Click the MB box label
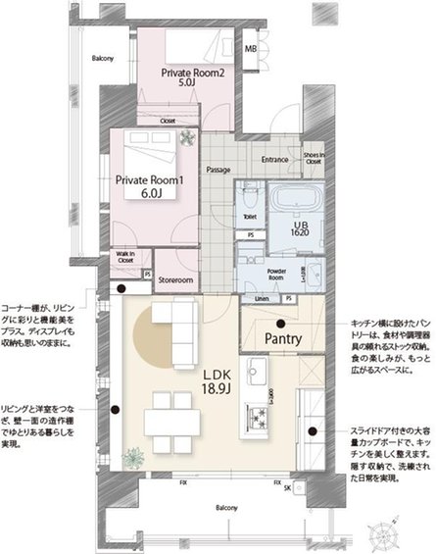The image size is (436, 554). [x=251, y=50]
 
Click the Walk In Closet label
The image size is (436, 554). [x=124, y=257]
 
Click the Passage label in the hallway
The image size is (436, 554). [x=218, y=170]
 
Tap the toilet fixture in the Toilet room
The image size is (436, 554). [x=249, y=191]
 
